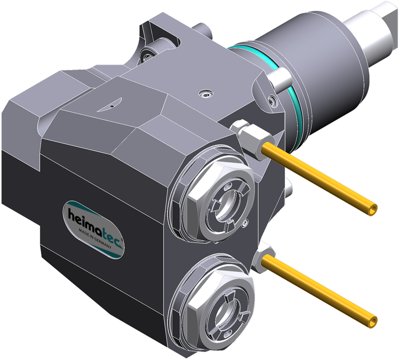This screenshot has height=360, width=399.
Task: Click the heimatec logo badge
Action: point(93,230)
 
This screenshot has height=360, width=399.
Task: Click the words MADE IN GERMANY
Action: point(95,238)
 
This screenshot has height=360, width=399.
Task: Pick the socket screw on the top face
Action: point(205,94)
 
